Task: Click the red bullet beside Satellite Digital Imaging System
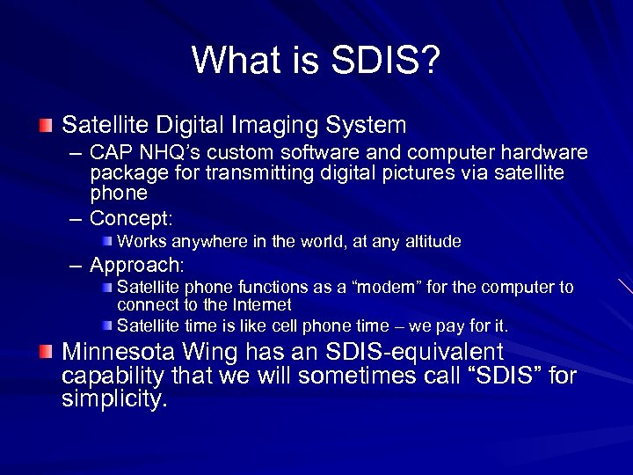pyautogui.click(x=45, y=126)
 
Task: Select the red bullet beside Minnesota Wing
pyautogui.click(x=45, y=353)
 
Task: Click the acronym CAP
pyautogui.click(x=111, y=154)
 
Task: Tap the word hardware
pyautogui.click(x=545, y=154)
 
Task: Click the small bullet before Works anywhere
pyautogui.click(x=106, y=241)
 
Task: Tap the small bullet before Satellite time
pyautogui.click(x=106, y=325)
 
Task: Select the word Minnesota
pyautogui.click(x=118, y=353)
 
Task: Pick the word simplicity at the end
pyautogui.click(x=114, y=400)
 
